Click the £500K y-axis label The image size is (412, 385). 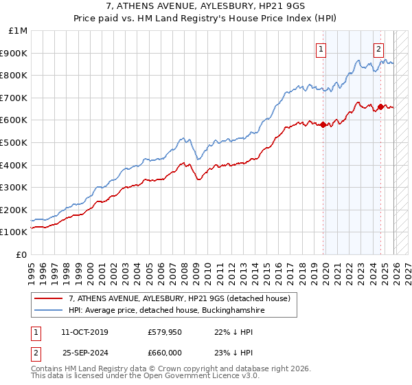coord(14,143)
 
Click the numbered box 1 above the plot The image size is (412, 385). coord(321,48)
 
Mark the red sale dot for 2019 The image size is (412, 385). coord(323,124)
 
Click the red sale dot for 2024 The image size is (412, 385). coord(380,107)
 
